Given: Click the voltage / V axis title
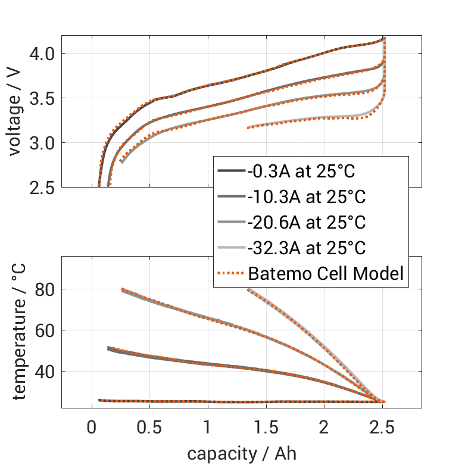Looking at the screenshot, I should pos(16,112).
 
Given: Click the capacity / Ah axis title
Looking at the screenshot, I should pos(242,453).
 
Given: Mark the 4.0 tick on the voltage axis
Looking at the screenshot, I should pos(43,54).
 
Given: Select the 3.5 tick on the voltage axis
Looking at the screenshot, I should pos(43,98).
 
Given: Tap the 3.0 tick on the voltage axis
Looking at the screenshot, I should pos(43,143).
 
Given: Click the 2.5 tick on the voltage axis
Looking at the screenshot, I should pos(43,188).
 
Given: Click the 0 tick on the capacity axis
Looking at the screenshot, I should pos(92,428).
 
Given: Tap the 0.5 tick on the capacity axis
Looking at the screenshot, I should pos(149,428).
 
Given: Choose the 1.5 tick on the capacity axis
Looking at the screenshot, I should pos(266,428).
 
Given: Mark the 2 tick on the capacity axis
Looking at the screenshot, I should pos(324,428).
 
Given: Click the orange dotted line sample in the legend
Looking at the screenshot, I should pos(231,274).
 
